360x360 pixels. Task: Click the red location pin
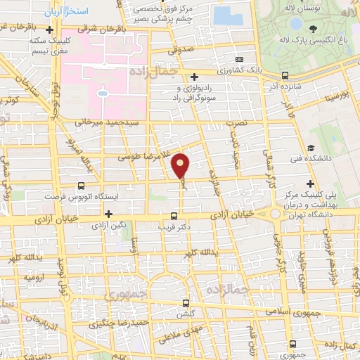[x=181, y=165]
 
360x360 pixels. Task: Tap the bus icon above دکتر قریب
[x=174, y=217]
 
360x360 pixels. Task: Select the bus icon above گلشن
[x=186, y=304]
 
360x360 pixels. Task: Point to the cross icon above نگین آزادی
[x=109, y=214]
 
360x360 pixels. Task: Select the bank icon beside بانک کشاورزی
[x=240, y=60]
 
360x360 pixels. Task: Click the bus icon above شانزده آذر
[x=285, y=75]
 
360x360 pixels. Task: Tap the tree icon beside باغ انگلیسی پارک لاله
[x=312, y=29]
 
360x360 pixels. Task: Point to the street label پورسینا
[x=337, y=94]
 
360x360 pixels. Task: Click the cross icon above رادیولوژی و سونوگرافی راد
[x=194, y=76]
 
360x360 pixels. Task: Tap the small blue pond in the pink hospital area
[x=103, y=92]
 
